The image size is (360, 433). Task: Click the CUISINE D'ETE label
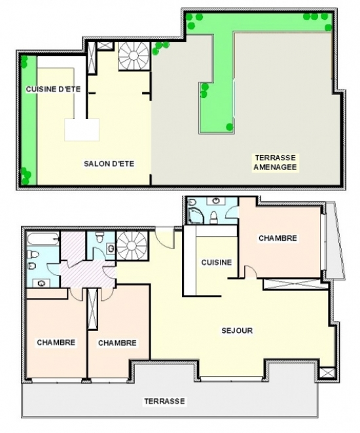pos(53,89)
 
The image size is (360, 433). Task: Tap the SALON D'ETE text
pos(109,164)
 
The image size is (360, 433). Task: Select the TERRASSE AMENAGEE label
pos(275,162)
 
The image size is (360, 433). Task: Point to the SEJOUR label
pos(237,330)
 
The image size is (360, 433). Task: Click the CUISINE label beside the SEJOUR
pos(217,262)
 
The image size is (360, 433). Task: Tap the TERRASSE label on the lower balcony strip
pos(164,401)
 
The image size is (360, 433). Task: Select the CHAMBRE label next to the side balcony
pos(278,238)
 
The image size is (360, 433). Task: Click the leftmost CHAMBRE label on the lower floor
pos(56,343)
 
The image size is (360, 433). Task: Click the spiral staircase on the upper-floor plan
pos(134,56)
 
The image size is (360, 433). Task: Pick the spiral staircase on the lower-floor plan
pos(132,246)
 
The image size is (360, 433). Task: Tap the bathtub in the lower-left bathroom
pos(43,239)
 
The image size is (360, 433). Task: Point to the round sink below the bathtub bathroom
pos(41,283)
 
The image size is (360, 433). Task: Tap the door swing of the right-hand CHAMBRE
pos(251,271)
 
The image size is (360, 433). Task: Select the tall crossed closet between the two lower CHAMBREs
pos(92,309)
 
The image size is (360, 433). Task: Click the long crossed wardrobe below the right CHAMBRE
pos(292,285)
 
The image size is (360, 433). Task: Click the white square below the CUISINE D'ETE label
pos(82,130)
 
